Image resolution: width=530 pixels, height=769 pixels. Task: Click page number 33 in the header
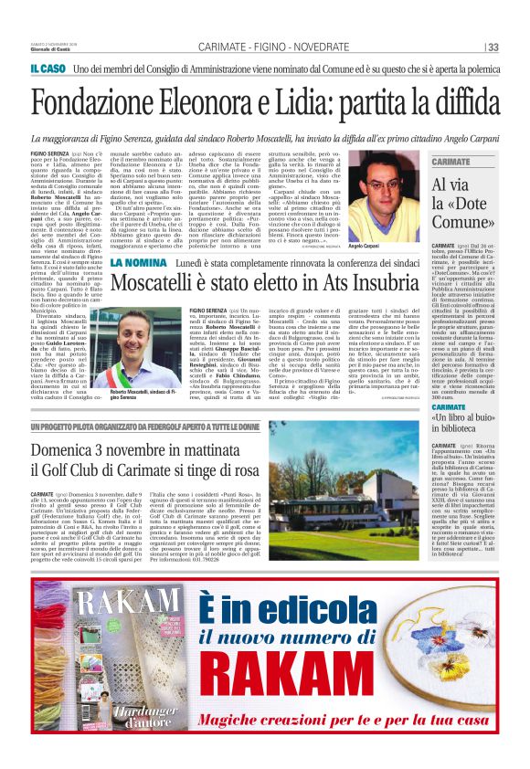493,47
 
